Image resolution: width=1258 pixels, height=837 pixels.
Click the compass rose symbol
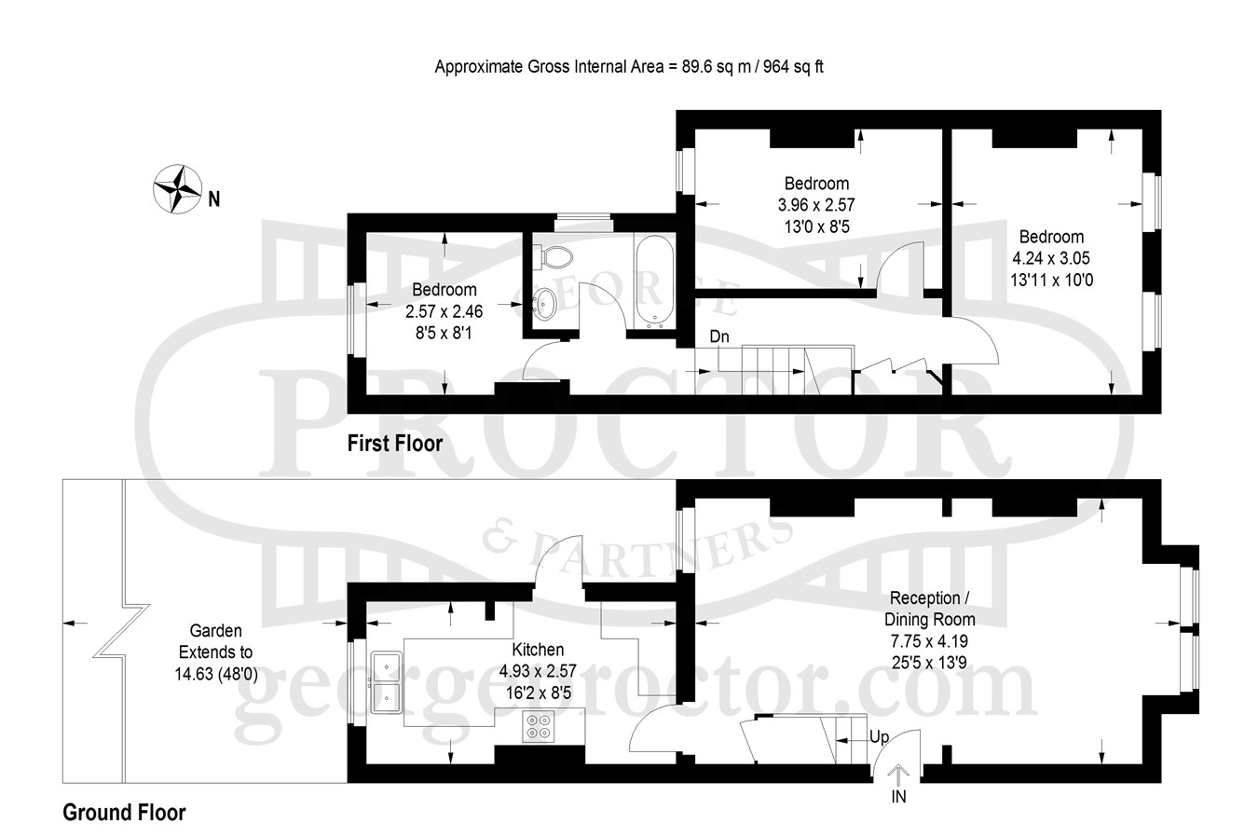[177, 189]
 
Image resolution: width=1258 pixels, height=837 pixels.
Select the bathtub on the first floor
[655, 282]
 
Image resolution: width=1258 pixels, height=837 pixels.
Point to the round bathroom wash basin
[543, 304]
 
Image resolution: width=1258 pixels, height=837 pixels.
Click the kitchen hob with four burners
[539, 726]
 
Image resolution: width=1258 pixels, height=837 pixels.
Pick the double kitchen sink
[387, 682]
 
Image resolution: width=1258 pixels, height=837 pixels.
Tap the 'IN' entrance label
[898, 797]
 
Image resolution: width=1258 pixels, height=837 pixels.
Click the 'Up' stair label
[879, 736]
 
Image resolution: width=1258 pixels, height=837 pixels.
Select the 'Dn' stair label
[719, 336]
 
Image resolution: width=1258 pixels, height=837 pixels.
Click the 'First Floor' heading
[395, 444]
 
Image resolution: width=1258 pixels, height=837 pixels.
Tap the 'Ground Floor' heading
[124, 812]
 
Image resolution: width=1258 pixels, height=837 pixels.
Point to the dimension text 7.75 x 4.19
[929, 641]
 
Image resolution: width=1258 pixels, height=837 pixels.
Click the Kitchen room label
[538, 650]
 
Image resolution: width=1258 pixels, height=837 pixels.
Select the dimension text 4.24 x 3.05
[1051, 258]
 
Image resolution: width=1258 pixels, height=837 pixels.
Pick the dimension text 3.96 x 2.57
[816, 205]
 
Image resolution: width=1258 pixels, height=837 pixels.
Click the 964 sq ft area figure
[793, 67]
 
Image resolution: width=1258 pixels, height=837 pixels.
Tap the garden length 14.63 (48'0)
[216, 674]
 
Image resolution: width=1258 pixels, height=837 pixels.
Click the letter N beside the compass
[214, 199]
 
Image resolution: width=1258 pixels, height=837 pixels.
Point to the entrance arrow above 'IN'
[898, 775]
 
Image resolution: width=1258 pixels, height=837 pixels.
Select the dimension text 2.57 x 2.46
[444, 311]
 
